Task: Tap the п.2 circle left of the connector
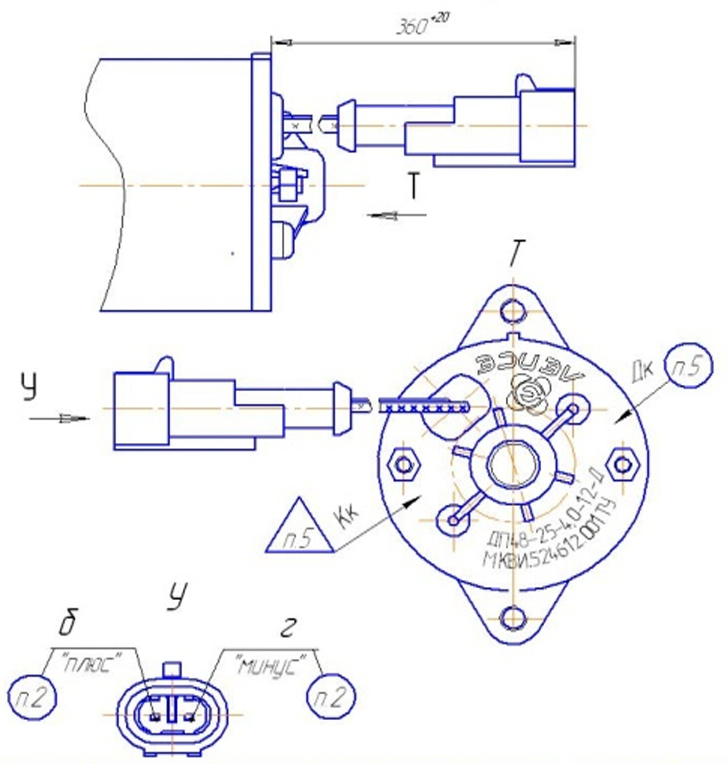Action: (32, 698)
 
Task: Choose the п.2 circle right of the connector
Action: (331, 697)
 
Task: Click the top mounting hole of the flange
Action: (513, 312)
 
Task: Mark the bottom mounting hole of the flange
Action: (513, 619)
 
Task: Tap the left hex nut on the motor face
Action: (404, 465)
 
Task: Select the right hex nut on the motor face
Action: (622, 465)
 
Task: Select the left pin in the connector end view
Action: (155, 716)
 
